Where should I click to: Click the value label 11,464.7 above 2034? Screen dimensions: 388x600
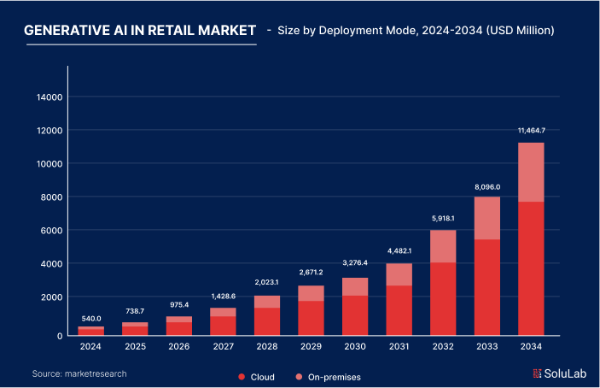(x=531, y=130)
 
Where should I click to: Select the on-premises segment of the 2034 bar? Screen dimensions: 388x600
(x=531, y=172)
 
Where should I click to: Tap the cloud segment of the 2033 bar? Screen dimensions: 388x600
(x=486, y=286)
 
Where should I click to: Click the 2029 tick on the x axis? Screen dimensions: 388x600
(x=311, y=347)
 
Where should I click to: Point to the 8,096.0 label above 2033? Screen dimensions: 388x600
(x=487, y=186)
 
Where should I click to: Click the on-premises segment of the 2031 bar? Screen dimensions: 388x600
(x=399, y=274)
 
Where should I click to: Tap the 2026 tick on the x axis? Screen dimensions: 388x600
(x=178, y=347)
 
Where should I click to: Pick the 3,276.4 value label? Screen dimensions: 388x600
(x=354, y=263)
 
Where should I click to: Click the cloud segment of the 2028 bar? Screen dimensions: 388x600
(x=266, y=320)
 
